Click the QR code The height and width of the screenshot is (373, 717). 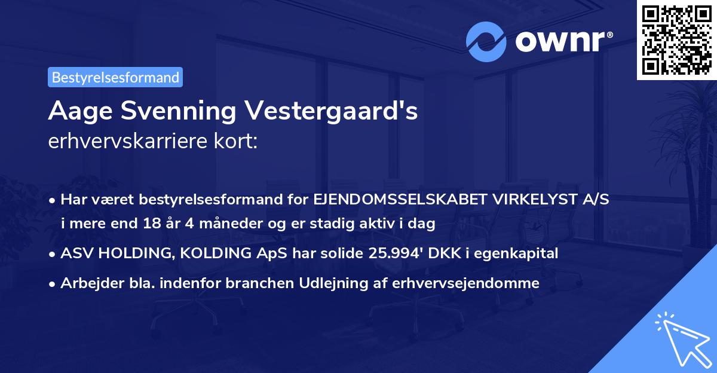coord(676,39)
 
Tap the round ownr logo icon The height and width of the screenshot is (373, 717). coord(486,42)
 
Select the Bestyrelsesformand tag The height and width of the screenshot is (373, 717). coord(115,77)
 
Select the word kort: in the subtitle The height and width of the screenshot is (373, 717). coord(237,142)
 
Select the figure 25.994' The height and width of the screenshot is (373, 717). coord(396,253)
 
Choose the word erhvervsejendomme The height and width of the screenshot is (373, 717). coord(465,283)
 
